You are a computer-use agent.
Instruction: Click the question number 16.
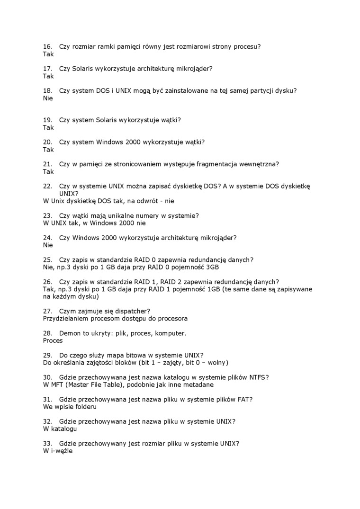click(47, 47)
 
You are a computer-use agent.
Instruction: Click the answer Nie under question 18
click(48, 98)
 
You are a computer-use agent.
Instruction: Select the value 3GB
click(210, 267)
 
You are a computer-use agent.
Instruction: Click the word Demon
click(70, 333)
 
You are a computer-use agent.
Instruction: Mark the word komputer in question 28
click(171, 333)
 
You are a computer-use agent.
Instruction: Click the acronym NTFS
click(258, 377)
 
